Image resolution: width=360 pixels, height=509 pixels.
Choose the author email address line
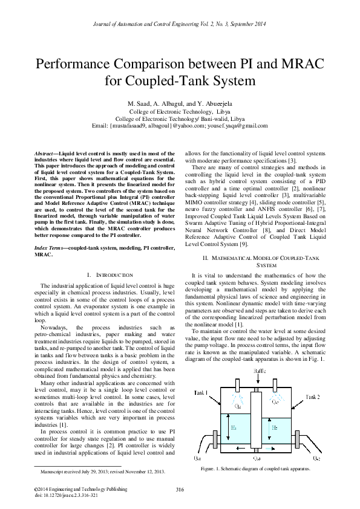click(x=180, y=126)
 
